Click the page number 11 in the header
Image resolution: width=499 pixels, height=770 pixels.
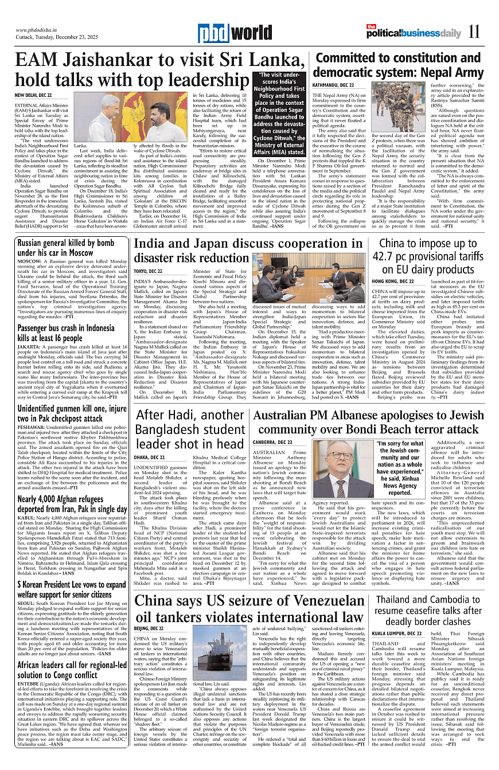[474, 32]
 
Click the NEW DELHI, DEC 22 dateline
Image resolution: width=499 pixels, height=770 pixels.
[33, 95]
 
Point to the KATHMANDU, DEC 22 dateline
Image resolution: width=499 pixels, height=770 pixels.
[333, 85]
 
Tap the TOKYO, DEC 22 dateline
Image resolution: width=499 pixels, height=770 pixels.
[149, 271]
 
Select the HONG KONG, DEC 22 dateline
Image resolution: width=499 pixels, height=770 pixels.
[393, 282]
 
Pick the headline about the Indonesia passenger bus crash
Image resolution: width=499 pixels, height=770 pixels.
[66, 333]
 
